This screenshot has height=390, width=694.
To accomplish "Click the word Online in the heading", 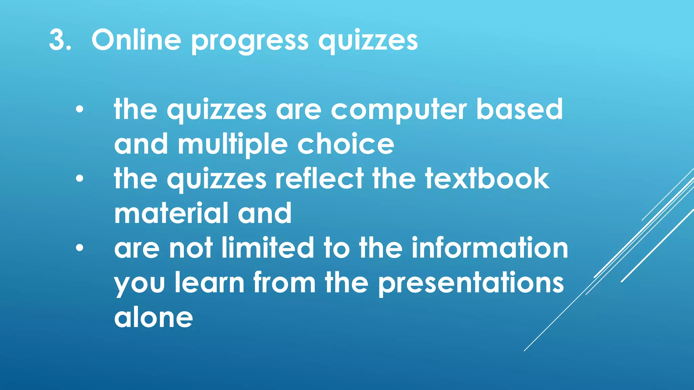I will click(x=136, y=40).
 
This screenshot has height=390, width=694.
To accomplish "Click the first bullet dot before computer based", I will click(x=79, y=110).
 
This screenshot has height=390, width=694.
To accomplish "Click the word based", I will click(x=519, y=109).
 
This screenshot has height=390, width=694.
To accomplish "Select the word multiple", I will click(x=233, y=145).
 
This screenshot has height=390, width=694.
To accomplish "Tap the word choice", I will click(x=346, y=144).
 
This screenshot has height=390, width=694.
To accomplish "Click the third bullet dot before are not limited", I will click(x=79, y=248).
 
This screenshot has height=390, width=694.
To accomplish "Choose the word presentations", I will click(x=471, y=284).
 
